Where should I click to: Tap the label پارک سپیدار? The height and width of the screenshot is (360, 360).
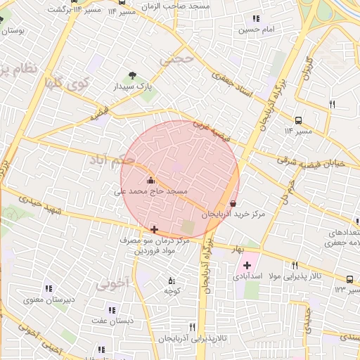coord(136,86)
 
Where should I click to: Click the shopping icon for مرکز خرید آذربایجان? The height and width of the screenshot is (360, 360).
coord(233,203)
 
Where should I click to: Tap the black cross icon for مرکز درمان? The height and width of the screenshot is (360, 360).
coord(154,229)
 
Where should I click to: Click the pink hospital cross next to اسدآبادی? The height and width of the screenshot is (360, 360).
coord(247,266)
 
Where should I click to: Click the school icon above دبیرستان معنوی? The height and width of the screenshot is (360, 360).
coord(49,288)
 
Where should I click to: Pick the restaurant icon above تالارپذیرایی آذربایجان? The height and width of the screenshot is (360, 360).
coord(192,327)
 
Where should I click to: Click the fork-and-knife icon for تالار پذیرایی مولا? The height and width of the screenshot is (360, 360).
coord(295,266)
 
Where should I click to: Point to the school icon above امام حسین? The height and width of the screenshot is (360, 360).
coord(255,18)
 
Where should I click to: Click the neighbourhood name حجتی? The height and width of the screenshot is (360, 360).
coord(176,60)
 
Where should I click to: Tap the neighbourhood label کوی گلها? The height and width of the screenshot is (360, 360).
coord(67,84)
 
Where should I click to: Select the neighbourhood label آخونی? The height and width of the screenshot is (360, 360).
coord(112,285)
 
